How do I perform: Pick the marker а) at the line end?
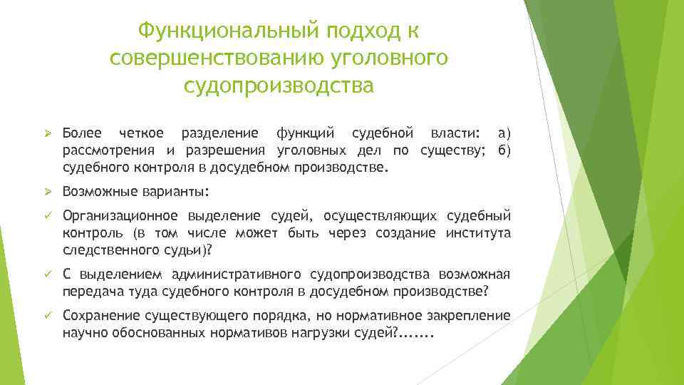point(504,133)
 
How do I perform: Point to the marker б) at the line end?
point(504,150)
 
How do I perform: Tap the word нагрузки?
point(321,332)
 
